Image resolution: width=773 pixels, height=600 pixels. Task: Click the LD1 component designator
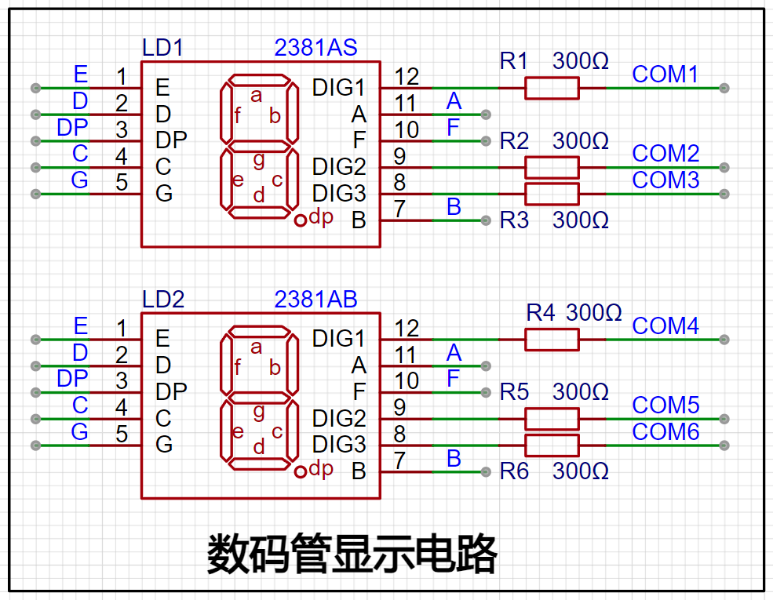point(162,48)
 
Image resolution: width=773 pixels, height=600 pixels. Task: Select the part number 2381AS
point(315,48)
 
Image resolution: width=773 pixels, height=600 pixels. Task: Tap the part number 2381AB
point(315,300)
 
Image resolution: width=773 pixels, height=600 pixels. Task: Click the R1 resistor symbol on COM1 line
point(552,88)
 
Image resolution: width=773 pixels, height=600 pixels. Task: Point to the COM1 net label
point(665,75)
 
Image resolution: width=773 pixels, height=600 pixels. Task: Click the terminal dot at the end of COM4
point(724,340)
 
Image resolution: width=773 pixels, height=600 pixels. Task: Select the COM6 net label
point(665,432)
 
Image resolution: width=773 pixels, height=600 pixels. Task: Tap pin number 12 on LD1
point(407,76)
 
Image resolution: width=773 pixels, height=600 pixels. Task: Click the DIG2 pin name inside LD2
point(339,419)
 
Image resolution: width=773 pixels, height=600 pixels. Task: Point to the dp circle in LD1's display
point(301,220)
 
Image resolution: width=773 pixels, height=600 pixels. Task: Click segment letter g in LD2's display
point(259,412)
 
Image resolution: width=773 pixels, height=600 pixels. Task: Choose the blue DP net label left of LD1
point(72,128)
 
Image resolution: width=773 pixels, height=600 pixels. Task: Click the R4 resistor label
point(540,313)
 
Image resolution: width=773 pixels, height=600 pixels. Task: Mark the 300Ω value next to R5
point(580,392)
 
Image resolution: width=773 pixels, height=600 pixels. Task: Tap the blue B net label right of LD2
point(454,459)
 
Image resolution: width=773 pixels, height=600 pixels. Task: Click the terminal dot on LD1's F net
point(486,141)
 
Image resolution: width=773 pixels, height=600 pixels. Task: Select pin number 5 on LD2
point(122,434)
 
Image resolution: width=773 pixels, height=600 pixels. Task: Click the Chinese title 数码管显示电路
point(352,554)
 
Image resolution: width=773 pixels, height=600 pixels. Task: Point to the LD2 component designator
point(162,300)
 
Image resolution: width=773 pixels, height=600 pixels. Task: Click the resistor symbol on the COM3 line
point(552,194)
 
